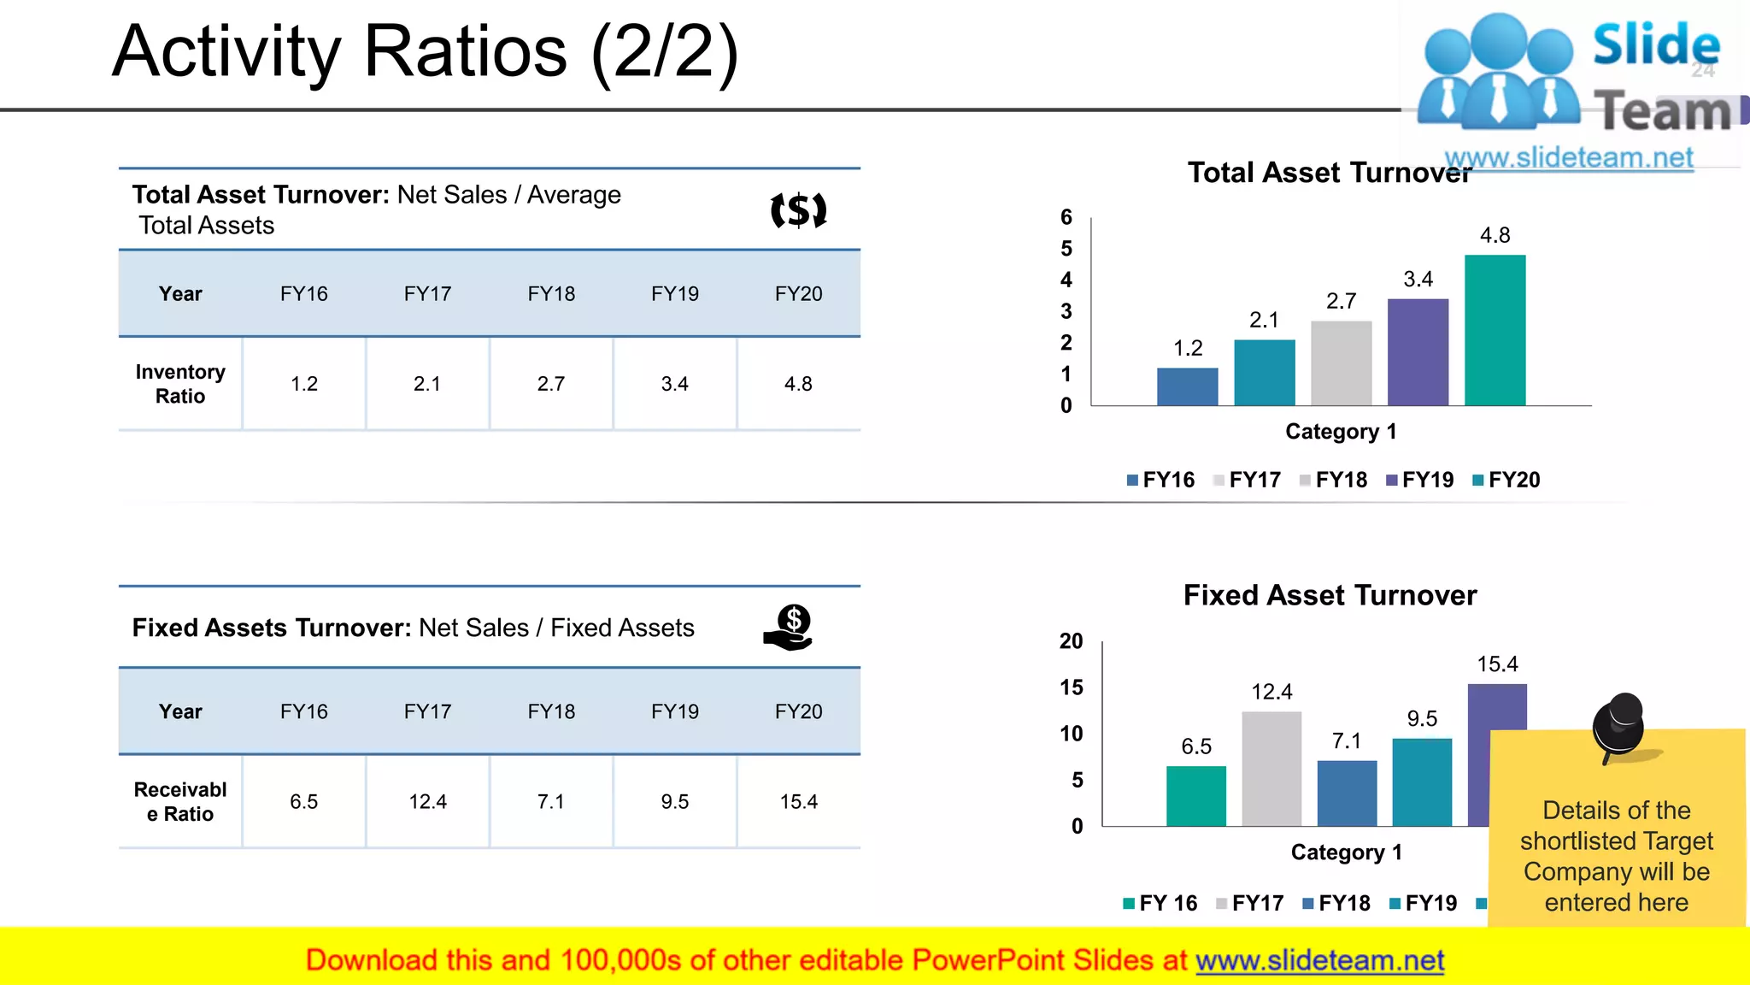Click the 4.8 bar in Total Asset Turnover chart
pyautogui.click(x=1495, y=330)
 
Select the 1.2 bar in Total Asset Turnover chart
pyautogui.click(x=1187, y=386)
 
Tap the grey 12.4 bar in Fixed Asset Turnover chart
pyautogui.click(x=1271, y=769)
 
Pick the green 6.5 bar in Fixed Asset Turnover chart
pyautogui.click(x=1195, y=796)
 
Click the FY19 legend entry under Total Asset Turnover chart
pyautogui.click(x=1420, y=480)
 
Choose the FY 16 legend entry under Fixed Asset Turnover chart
pyautogui.click(x=1160, y=903)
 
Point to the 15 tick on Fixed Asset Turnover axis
pyautogui.click(x=1071, y=687)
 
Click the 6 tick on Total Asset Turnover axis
pyautogui.click(x=1066, y=217)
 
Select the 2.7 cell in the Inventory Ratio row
pyautogui.click(x=551, y=384)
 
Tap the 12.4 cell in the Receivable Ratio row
pyautogui.click(x=427, y=802)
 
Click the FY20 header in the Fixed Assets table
pyautogui.click(x=798, y=711)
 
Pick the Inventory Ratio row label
pyautogui.click(x=180, y=384)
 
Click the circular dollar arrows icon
pyautogui.click(x=798, y=210)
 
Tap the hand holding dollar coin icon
pyautogui.click(x=789, y=628)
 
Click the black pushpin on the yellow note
pyautogui.click(x=1618, y=725)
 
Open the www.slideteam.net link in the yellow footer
pyautogui.click(x=1319, y=960)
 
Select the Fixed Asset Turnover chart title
pyautogui.click(x=1330, y=595)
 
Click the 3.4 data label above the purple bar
pyautogui.click(x=1418, y=280)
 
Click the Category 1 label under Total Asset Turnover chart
pyautogui.click(x=1341, y=432)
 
